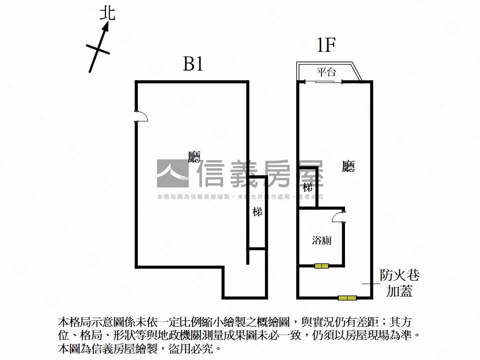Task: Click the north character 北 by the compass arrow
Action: [x=107, y=13]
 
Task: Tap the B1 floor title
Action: [x=193, y=64]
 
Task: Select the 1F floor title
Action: [x=326, y=46]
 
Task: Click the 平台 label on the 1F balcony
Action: [x=326, y=72]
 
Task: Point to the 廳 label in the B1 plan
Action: [x=194, y=157]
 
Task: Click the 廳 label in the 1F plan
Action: [x=348, y=166]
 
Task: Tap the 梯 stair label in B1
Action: [x=257, y=212]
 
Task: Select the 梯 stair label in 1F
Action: [x=307, y=187]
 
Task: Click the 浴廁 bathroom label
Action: [x=322, y=240]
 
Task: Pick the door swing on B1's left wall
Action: [x=141, y=116]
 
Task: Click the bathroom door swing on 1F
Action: [x=338, y=217]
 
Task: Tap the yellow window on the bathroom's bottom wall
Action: [x=322, y=266]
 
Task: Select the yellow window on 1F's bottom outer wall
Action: [x=347, y=298]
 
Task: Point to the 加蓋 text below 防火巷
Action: [x=399, y=292]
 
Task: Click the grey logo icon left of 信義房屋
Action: [x=172, y=173]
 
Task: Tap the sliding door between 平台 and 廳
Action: [x=324, y=82]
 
